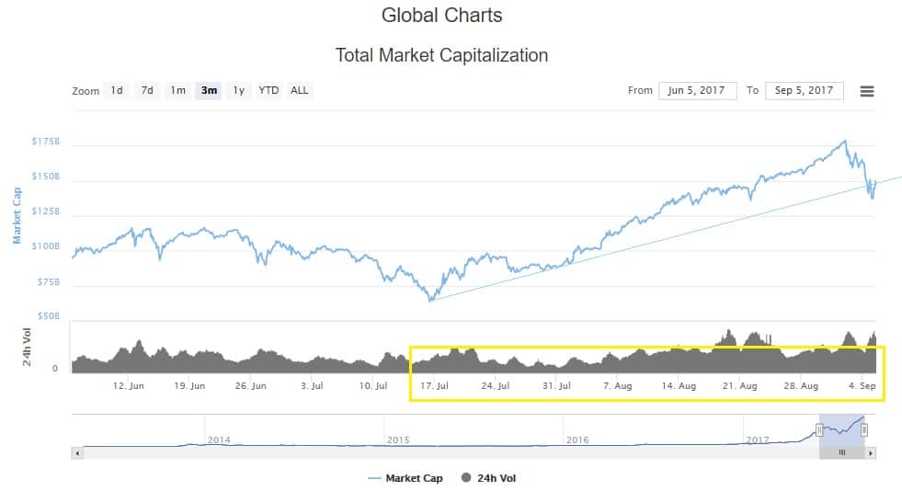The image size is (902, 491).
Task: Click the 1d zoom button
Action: (x=117, y=90)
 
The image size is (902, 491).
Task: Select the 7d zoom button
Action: (x=147, y=90)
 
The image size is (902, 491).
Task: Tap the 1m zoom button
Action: (x=177, y=90)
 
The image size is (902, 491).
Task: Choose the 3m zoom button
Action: (x=209, y=90)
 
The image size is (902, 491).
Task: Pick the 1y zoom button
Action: (x=239, y=90)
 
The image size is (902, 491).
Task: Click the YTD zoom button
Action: (x=268, y=90)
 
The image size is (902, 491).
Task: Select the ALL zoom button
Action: (x=300, y=90)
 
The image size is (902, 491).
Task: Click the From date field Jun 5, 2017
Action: (x=697, y=90)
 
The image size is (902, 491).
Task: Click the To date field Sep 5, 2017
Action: (x=804, y=90)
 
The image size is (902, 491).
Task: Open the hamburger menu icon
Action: (x=866, y=91)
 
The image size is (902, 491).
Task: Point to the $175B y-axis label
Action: (x=45, y=142)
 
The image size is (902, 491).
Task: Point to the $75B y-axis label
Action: (x=47, y=281)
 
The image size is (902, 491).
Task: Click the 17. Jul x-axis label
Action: (x=435, y=386)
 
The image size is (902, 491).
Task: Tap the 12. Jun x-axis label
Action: (x=129, y=386)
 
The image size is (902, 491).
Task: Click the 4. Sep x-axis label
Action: (x=862, y=386)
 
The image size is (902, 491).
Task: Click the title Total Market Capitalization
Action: (x=441, y=55)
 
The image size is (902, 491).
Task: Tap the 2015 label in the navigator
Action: (x=398, y=440)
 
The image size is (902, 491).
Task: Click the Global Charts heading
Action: (x=441, y=16)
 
